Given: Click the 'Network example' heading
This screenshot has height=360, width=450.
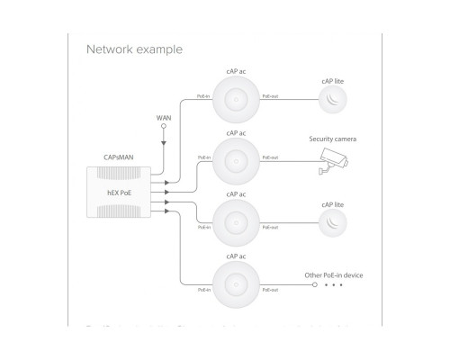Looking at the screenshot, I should click(x=133, y=49).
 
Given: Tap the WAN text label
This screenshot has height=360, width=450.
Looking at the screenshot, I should click(x=164, y=117).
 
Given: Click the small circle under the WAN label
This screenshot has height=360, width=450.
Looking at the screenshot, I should click(x=164, y=127).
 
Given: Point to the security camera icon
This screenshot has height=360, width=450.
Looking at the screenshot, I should click(x=334, y=161).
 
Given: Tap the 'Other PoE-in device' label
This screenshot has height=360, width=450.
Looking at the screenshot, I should click(x=333, y=274).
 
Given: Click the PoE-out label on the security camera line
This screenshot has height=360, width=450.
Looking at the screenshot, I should click(x=269, y=157).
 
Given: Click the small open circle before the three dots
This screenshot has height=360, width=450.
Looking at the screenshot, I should click(x=313, y=285).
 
